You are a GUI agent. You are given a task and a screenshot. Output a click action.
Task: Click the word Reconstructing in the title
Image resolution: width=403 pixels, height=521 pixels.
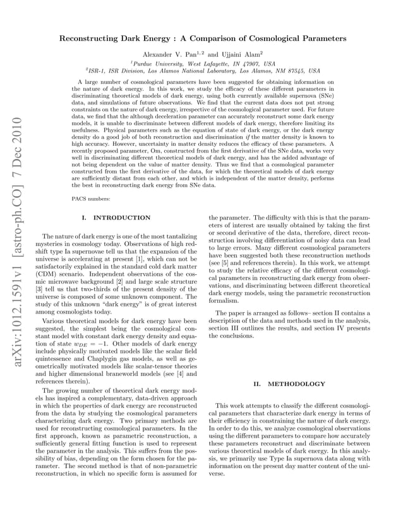89,38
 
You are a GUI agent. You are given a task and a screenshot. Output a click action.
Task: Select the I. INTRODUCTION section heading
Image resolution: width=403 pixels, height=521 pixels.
117,218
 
